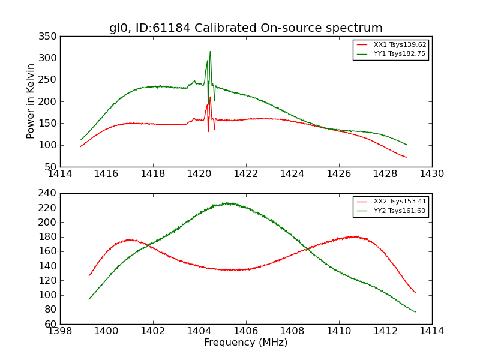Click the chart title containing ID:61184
tap(245, 28)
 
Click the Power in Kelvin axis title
tap(31, 101)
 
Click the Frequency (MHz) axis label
tap(245, 343)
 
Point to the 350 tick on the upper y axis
tap(50, 37)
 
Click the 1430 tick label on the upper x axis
tap(431, 174)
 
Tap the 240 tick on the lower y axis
tap(50, 193)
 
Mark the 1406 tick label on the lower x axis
tap(245, 331)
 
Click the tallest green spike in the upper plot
tap(210, 52)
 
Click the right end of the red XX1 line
tap(406, 157)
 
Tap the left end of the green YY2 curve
tap(89, 299)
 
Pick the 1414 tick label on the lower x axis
tap(431, 331)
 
